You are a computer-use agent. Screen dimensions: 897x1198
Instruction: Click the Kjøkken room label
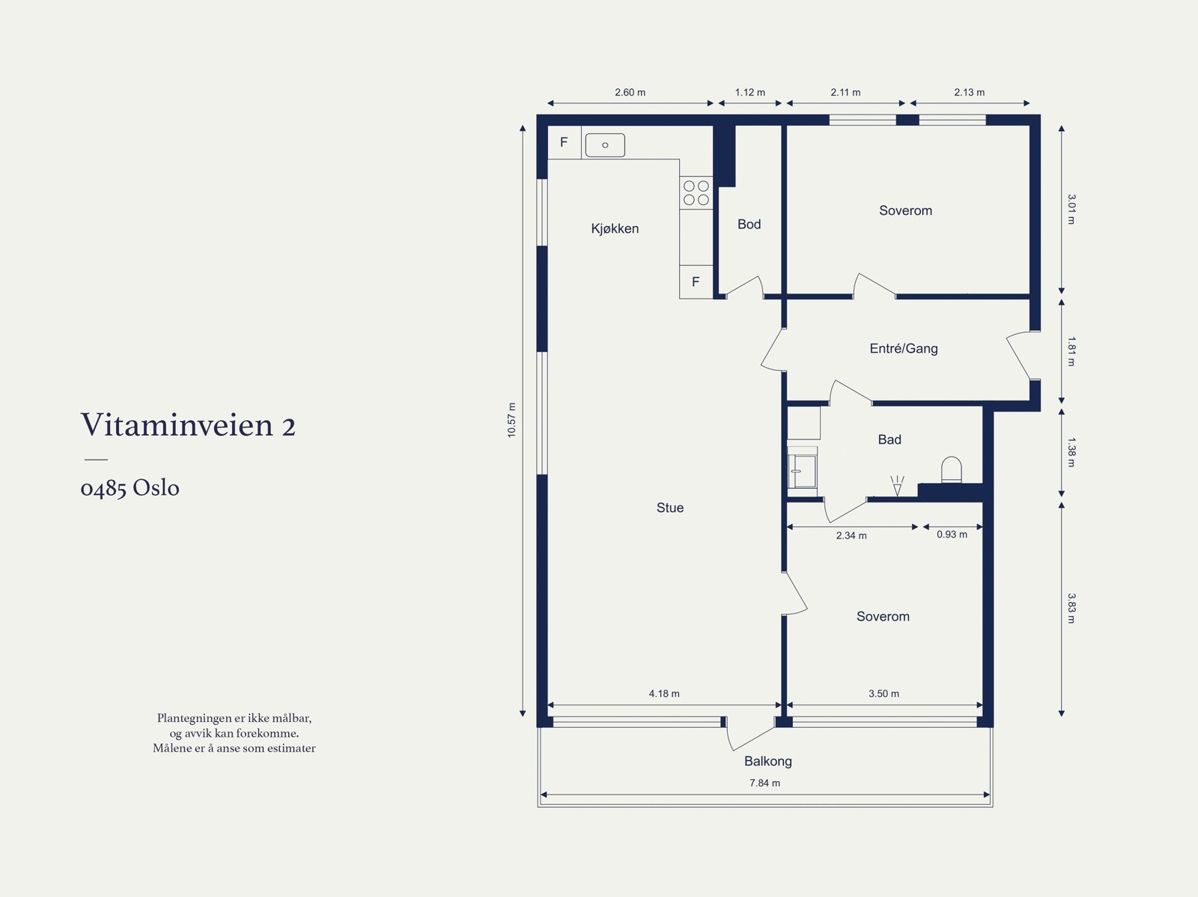click(615, 228)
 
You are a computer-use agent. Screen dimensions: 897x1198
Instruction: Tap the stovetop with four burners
click(696, 193)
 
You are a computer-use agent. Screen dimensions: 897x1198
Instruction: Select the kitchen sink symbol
click(605, 145)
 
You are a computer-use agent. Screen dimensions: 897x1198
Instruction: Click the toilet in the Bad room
click(951, 470)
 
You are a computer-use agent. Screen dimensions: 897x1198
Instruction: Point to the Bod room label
click(749, 224)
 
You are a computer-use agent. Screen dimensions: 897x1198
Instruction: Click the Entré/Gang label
click(903, 348)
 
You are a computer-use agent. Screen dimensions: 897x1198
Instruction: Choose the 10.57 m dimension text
click(512, 420)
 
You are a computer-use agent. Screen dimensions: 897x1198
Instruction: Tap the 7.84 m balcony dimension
click(764, 783)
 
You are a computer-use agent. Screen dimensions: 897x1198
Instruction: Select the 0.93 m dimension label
click(952, 535)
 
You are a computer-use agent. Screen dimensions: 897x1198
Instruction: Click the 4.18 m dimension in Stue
click(664, 694)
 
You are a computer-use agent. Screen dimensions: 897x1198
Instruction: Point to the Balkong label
click(767, 761)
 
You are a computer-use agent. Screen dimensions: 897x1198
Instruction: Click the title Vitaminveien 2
click(188, 425)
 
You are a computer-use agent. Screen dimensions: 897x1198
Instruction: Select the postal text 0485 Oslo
click(130, 488)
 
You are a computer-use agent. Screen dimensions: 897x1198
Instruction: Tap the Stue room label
click(669, 508)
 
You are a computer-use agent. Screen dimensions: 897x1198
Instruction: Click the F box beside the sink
click(564, 142)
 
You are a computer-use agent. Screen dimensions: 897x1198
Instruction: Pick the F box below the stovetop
click(696, 282)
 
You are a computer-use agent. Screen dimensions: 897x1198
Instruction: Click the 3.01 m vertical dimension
click(1071, 210)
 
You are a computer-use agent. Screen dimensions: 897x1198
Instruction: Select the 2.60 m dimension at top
click(630, 93)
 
